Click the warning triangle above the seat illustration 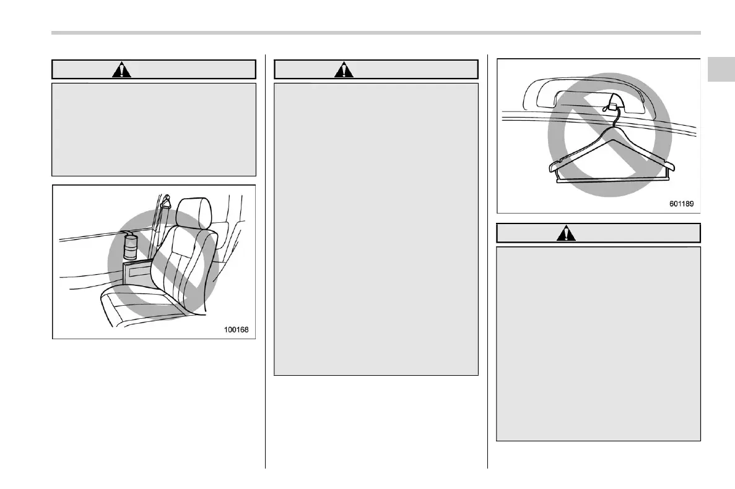coord(121,69)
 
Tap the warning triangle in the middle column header coord(344,69)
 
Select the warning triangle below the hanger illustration coord(566,233)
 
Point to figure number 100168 coord(237,329)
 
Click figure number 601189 coord(681,204)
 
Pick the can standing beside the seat coord(130,247)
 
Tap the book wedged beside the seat coord(137,272)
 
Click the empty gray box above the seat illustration coord(154,130)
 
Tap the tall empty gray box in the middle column coord(376,229)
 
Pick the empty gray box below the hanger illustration coord(598,343)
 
